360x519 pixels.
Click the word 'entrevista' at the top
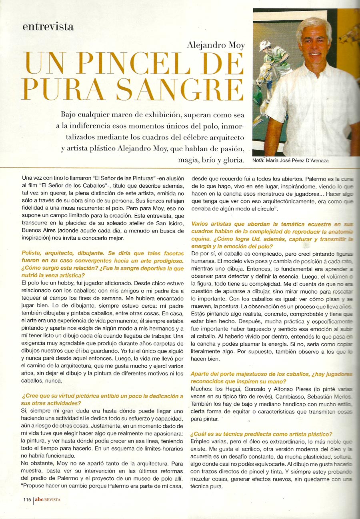coord(48,27)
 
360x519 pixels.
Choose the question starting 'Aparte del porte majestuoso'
coord(272,378)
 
